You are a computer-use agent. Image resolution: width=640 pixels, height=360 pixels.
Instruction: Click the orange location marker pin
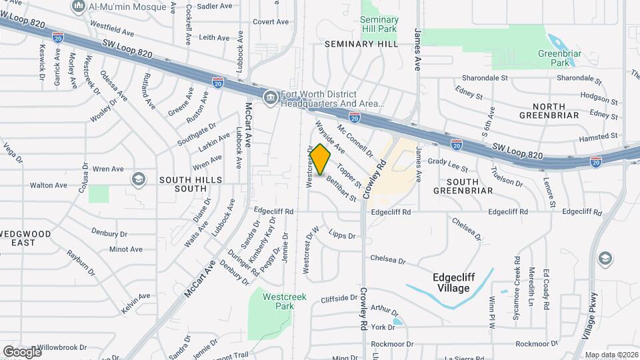pyautogui.click(x=321, y=159)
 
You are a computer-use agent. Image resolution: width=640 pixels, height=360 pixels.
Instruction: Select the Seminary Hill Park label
pyautogui.click(x=379, y=25)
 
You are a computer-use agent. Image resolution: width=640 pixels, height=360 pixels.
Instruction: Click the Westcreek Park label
pyautogui.click(x=285, y=301)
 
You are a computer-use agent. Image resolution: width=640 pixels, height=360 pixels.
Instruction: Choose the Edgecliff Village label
pyautogui.click(x=460, y=283)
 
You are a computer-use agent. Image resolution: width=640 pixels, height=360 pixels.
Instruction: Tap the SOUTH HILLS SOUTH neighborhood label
pyautogui.click(x=182, y=184)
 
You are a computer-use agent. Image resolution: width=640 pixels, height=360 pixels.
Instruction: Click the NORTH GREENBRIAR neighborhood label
pyautogui.click(x=549, y=111)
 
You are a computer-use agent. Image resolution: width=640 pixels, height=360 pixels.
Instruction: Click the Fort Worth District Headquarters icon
pyautogui.click(x=270, y=97)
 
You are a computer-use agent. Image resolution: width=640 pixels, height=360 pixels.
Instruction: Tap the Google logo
pyautogui.click(x=22, y=351)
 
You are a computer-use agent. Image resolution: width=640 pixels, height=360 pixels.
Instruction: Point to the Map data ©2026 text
pyautogui.click(x=611, y=355)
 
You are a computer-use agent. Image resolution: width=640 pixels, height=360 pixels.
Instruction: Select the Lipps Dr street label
pyautogui.click(x=343, y=235)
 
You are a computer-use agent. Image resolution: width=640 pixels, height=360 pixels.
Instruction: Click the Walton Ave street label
pyautogui.click(x=49, y=185)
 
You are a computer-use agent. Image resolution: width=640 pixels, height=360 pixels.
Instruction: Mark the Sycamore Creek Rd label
pyautogui.click(x=517, y=281)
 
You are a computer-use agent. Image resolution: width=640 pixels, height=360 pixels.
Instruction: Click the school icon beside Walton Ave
pyautogui.click(x=139, y=179)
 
